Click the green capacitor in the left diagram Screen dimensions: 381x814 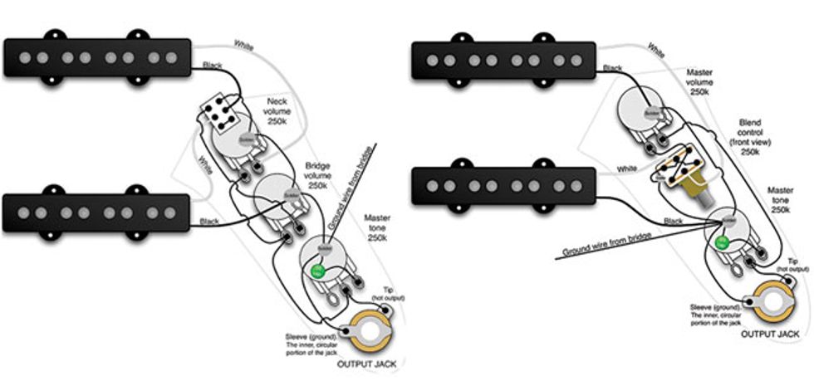tap(316, 270)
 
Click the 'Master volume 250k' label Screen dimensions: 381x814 tap(699, 83)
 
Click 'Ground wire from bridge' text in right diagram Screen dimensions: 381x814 tap(605, 242)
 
